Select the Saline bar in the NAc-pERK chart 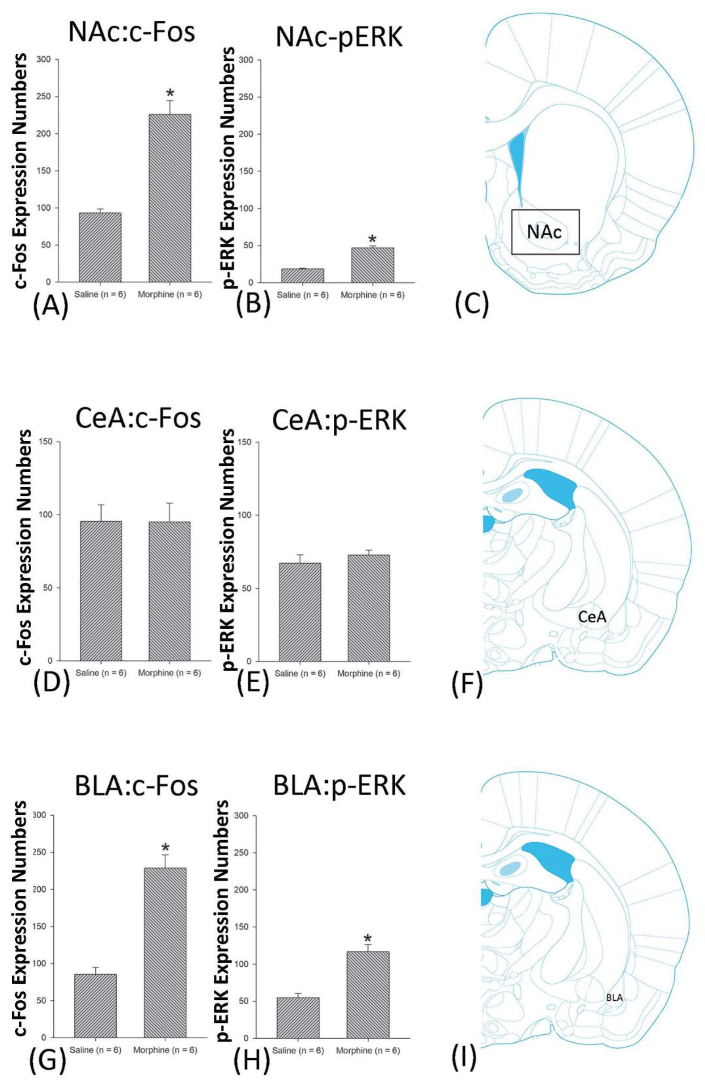click(x=302, y=275)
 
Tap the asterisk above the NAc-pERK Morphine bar click(x=372, y=239)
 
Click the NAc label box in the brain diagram click(x=545, y=232)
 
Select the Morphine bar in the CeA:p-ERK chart click(x=368, y=607)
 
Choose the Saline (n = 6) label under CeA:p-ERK click(x=301, y=673)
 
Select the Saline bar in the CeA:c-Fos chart click(x=101, y=591)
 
